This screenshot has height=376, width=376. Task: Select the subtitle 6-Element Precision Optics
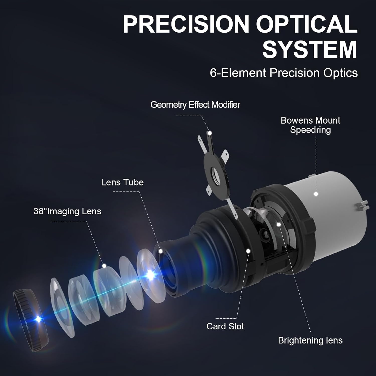(284, 73)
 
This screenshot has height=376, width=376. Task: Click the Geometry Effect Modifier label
(195, 105)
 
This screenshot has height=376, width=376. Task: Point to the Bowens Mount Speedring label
(310, 125)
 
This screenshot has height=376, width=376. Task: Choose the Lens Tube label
(122, 182)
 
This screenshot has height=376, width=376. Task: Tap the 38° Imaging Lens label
(67, 211)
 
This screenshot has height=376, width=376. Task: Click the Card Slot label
(225, 326)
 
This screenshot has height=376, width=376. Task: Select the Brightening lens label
(310, 340)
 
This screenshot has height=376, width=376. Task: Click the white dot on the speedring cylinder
(316, 194)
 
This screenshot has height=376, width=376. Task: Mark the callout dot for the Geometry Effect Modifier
(210, 133)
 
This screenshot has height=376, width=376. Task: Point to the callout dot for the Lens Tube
(161, 251)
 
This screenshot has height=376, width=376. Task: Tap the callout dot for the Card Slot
(248, 251)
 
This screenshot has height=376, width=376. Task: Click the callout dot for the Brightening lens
(278, 224)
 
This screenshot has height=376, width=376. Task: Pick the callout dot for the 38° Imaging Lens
(104, 266)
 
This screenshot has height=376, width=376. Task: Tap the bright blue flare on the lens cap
(38, 319)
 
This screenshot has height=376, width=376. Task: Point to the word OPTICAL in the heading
(306, 24)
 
